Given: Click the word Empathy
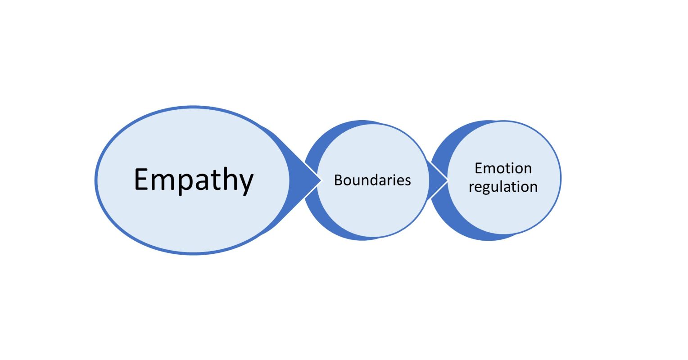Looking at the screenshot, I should [194, 180].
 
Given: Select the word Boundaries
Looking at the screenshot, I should [372, 180].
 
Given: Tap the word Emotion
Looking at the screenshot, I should [503, 168].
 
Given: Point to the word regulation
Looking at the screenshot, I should [503, 186].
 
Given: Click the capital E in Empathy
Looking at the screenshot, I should [141, 179].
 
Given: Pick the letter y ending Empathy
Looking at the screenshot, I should [246, 182].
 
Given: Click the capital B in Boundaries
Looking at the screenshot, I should [338, 180].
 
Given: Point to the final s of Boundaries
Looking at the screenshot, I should [408, 181].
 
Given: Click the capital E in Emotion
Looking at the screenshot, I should [479, 168].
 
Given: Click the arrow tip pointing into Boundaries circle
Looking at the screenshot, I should [321, 180].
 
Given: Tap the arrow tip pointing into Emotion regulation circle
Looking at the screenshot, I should [448, 180].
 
